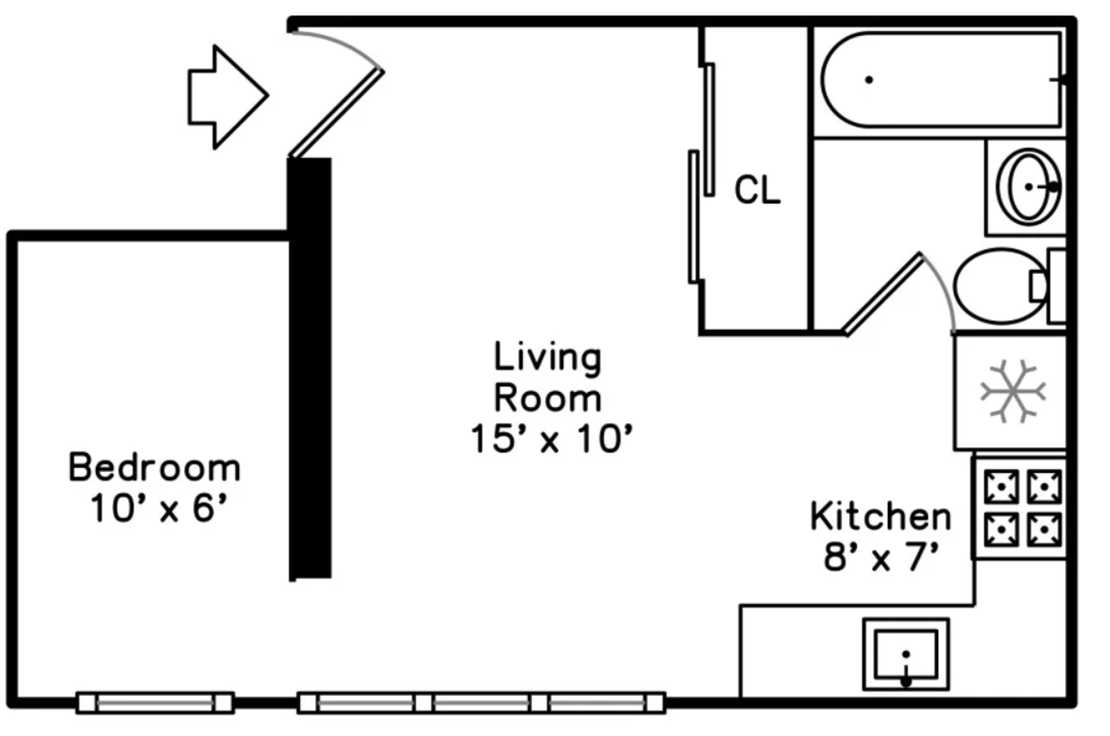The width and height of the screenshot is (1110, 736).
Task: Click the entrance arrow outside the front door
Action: coord(228,97)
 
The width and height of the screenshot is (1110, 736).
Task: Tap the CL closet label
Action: coord(757,190)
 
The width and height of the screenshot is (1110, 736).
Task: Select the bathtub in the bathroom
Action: coord(942,79)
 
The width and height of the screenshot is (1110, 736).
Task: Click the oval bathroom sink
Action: coord(1029,186)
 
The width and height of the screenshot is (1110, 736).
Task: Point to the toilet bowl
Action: coord(1000,286)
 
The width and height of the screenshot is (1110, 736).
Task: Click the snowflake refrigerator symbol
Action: coord(1013,392)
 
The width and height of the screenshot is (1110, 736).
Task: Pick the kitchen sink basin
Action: coord(906,654)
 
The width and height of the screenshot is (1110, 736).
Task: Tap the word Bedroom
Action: coord(154,467)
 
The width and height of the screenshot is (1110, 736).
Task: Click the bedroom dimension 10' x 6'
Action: coord(159,508)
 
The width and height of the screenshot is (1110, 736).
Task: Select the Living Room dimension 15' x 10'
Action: coord(551,439)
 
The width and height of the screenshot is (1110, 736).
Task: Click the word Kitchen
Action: coord(880,517)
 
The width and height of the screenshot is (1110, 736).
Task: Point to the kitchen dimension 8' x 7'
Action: coord(882,557)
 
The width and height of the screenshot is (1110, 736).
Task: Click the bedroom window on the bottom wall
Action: coord(155,703)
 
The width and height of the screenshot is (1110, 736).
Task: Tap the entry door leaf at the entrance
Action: coord(337,113)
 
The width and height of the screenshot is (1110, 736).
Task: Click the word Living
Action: coord(548,358)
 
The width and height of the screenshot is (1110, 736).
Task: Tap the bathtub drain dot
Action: coord(869,80)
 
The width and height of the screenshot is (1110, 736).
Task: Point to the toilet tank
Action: coord(1057,286)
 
